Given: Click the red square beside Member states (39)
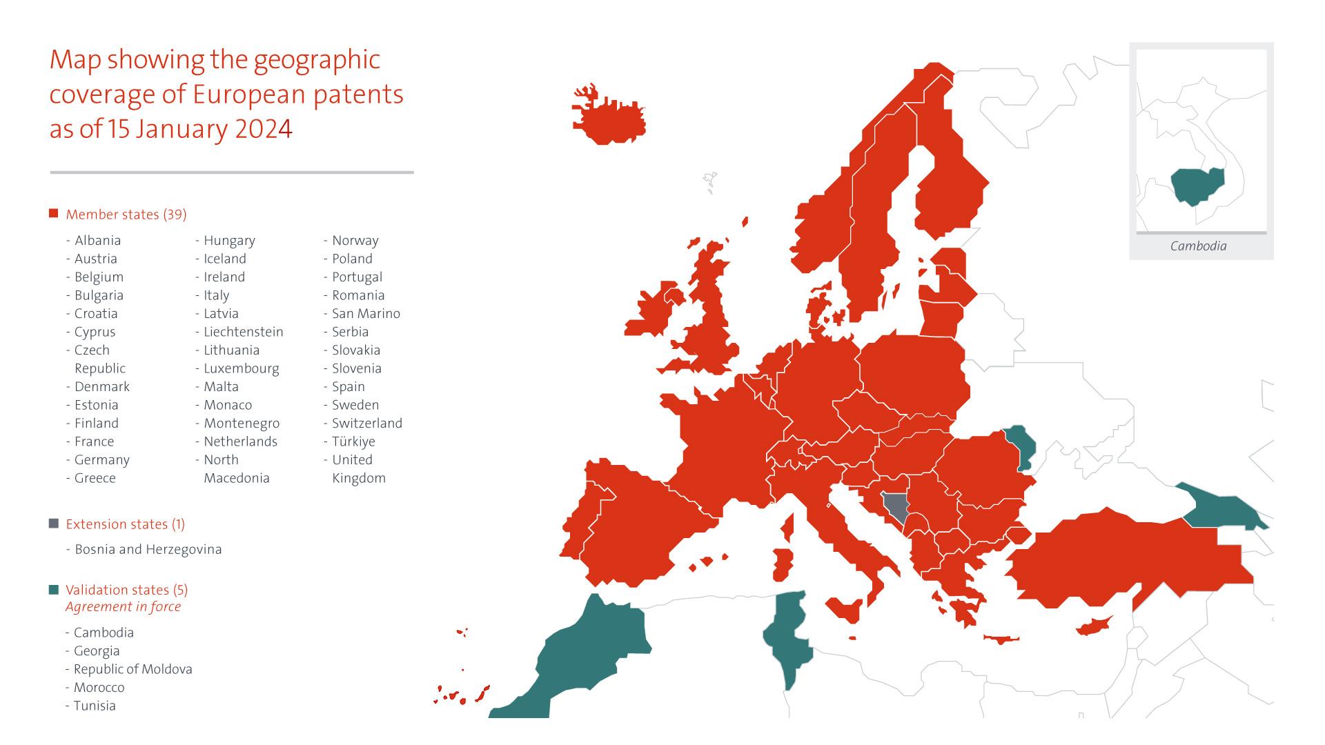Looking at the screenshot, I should coord(54,214).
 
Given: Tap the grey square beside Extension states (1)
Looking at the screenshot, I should coord(54,524).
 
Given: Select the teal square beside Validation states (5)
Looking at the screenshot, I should coord(54,590).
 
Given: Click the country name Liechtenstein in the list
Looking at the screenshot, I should coord(243,332).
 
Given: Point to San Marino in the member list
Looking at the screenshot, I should coord(366,313).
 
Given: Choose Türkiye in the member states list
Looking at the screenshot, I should coord(353,441).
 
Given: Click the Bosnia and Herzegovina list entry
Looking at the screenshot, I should coord(148,550).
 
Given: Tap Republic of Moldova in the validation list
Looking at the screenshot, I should coord(133,669).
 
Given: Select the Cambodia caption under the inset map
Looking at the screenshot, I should coord(1198,246).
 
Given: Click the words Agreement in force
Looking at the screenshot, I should coord(123,607).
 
